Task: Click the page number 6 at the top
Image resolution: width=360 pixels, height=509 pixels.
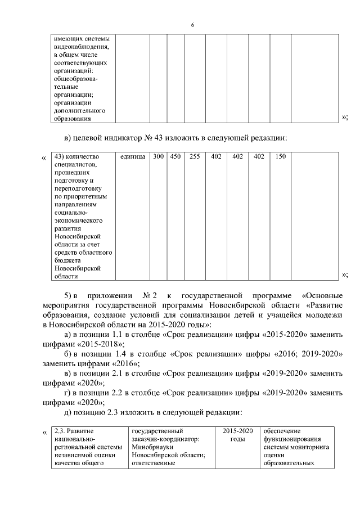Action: tap(192, 25)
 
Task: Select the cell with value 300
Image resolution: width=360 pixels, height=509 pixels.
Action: tap(159, 156)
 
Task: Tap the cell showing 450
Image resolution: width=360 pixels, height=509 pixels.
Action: tap(175, 156)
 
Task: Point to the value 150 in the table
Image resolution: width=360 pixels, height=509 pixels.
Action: tap(280, 156)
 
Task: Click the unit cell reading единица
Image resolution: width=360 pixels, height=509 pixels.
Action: tap(133, 156)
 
